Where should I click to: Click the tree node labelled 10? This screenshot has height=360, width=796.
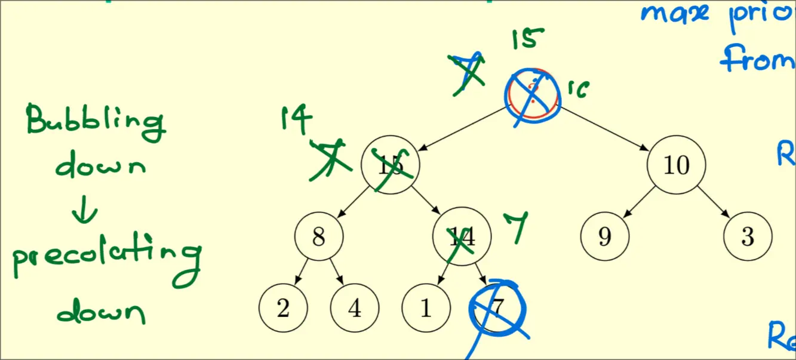point(677,165)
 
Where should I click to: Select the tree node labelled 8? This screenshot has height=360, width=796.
point(319,237)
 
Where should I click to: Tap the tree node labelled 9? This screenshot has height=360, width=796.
point(605,237)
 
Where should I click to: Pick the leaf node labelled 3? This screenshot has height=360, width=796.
point(748,237)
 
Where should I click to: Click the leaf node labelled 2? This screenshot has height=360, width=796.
point(283,308)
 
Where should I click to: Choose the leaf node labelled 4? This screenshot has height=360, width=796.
point(355,308)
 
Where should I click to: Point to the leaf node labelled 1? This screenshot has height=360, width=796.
point(426,308)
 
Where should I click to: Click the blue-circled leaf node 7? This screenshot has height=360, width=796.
point(497,308)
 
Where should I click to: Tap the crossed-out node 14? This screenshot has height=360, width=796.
point(462,237)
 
